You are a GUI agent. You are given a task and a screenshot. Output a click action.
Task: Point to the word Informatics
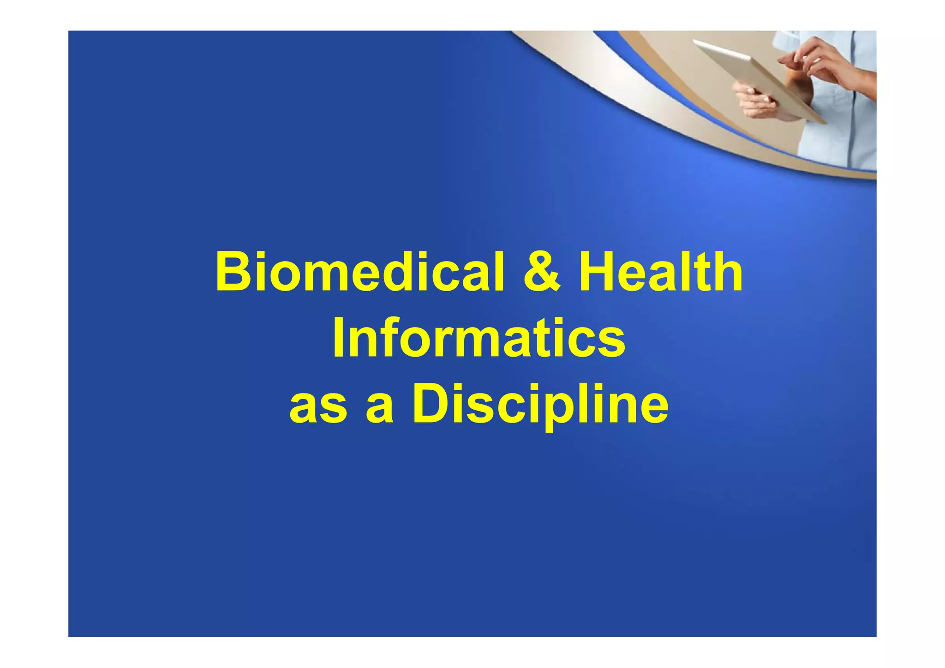pyautogui.click(x=478, y=338)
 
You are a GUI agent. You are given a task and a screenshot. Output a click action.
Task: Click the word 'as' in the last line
pyautogui.click(x=318, y=406)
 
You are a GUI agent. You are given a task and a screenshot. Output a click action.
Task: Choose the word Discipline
pyautogui.click(x=540, y=406)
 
